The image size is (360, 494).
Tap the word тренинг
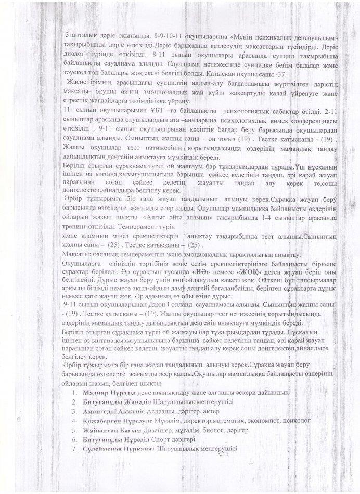tap(75, 228)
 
